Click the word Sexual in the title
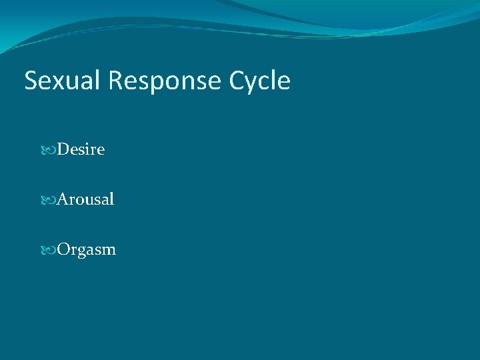point(63,81)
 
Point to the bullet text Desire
point(81,149)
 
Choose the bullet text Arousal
point(85,199)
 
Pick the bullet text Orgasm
point(86,250)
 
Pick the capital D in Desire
point(63,149)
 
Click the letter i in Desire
point(87,149)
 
